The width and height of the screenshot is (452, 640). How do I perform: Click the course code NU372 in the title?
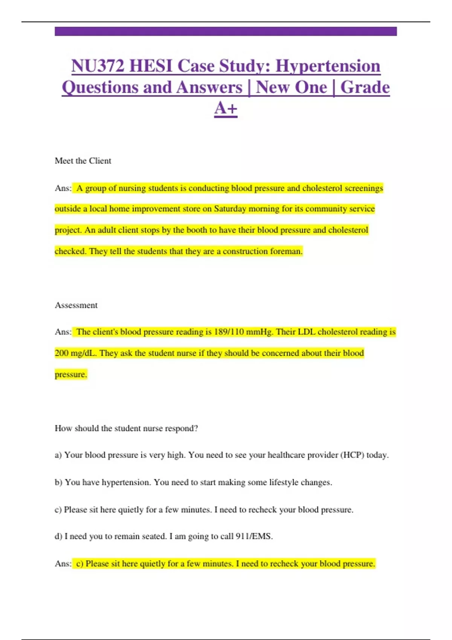point(98,66)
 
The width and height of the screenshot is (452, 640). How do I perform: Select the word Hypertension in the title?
point(328,66)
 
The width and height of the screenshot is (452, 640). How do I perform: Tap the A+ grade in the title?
point(226,108)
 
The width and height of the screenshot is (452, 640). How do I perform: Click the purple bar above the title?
point(226,31)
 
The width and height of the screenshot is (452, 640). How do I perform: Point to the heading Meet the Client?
point(83,161)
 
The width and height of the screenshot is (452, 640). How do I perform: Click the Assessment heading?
point(76,305)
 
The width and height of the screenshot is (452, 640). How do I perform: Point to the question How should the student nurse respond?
point(126,428)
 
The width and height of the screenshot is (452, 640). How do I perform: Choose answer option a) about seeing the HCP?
point(221,455)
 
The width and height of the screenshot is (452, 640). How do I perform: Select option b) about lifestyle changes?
point(193,482)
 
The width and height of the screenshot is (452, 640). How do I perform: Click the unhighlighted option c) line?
point(204,510)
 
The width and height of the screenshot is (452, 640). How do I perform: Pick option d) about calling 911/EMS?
point(163,536)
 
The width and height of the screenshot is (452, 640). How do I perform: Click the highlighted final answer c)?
point(225,564)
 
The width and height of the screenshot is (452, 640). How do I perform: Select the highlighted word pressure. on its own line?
point(71,375)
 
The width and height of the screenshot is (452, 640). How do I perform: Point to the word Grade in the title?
point(365,87)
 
